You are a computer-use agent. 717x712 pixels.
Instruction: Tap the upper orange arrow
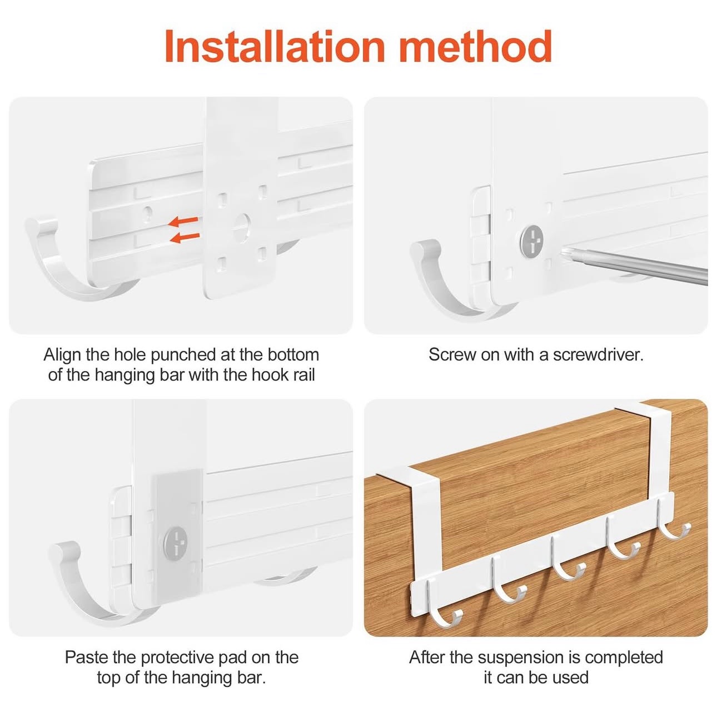click(x=183, y=222)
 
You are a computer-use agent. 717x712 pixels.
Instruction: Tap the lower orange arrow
click(x=185, y=237)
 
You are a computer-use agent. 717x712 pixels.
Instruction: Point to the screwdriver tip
click(x=562, y=253)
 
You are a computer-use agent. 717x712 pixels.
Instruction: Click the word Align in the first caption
click(x=62, y=355)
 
